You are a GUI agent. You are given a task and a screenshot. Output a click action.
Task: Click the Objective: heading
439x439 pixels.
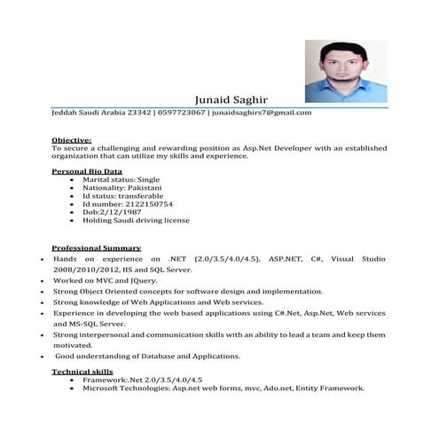pos(72,140)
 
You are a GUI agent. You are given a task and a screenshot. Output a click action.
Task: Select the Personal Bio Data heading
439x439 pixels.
pos(87,170)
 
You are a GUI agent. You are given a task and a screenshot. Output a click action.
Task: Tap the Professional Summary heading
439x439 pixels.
pos(96,247)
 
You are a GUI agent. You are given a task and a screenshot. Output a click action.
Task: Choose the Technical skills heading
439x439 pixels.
pos(83,372)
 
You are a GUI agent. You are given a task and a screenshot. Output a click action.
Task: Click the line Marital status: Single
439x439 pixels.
pos(122,178)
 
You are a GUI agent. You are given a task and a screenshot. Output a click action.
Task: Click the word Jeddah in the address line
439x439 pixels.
pos(65,114)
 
